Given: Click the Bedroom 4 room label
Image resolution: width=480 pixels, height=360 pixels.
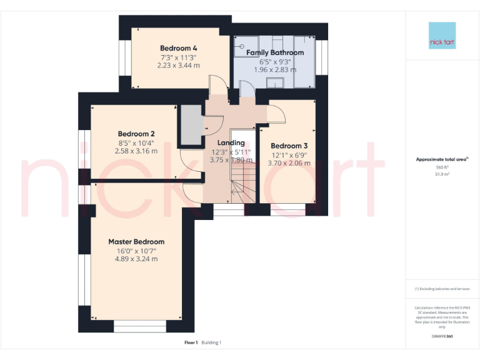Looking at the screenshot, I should (x=179, y=48).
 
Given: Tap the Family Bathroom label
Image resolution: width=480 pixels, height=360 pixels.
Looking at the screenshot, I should (x=275, y=52).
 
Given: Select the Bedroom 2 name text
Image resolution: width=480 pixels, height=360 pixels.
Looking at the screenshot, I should (x=136, y=134).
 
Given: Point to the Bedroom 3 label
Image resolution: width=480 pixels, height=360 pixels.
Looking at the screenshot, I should (x=289, y=146).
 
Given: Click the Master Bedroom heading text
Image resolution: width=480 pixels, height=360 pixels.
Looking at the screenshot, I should (x=136, y=242).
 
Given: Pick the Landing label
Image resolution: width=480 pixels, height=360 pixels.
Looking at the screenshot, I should (x=231, y=143).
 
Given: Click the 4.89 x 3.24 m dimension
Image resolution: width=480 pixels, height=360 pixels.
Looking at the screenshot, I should (x=136, y=259).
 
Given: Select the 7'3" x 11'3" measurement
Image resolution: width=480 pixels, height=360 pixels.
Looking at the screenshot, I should (x=179, y=57).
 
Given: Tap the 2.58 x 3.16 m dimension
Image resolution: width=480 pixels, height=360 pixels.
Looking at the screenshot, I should (x=136, y=151).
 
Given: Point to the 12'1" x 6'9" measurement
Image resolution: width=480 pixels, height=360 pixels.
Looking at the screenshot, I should (x=289, y=155).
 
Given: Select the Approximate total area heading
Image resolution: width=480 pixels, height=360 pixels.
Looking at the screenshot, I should (x=442, y=160).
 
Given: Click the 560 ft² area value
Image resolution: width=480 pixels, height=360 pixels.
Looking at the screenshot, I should (x=442, y=167).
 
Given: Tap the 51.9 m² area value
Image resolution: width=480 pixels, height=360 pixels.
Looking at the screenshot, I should (x=442, y=174).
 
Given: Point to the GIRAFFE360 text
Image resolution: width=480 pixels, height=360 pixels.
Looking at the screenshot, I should (x=442, y=336).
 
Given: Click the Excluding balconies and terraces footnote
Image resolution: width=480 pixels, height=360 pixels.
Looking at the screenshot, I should (x=442, y=289).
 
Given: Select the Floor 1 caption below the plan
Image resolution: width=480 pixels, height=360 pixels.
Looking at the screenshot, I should (x=191, y=342).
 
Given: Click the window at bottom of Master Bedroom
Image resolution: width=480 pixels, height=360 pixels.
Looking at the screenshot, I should (x=136, y=326).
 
